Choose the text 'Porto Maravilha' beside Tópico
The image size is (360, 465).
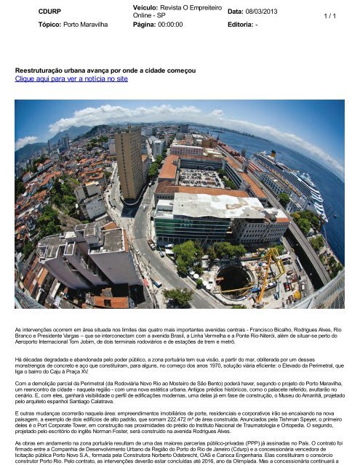[97, 24]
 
